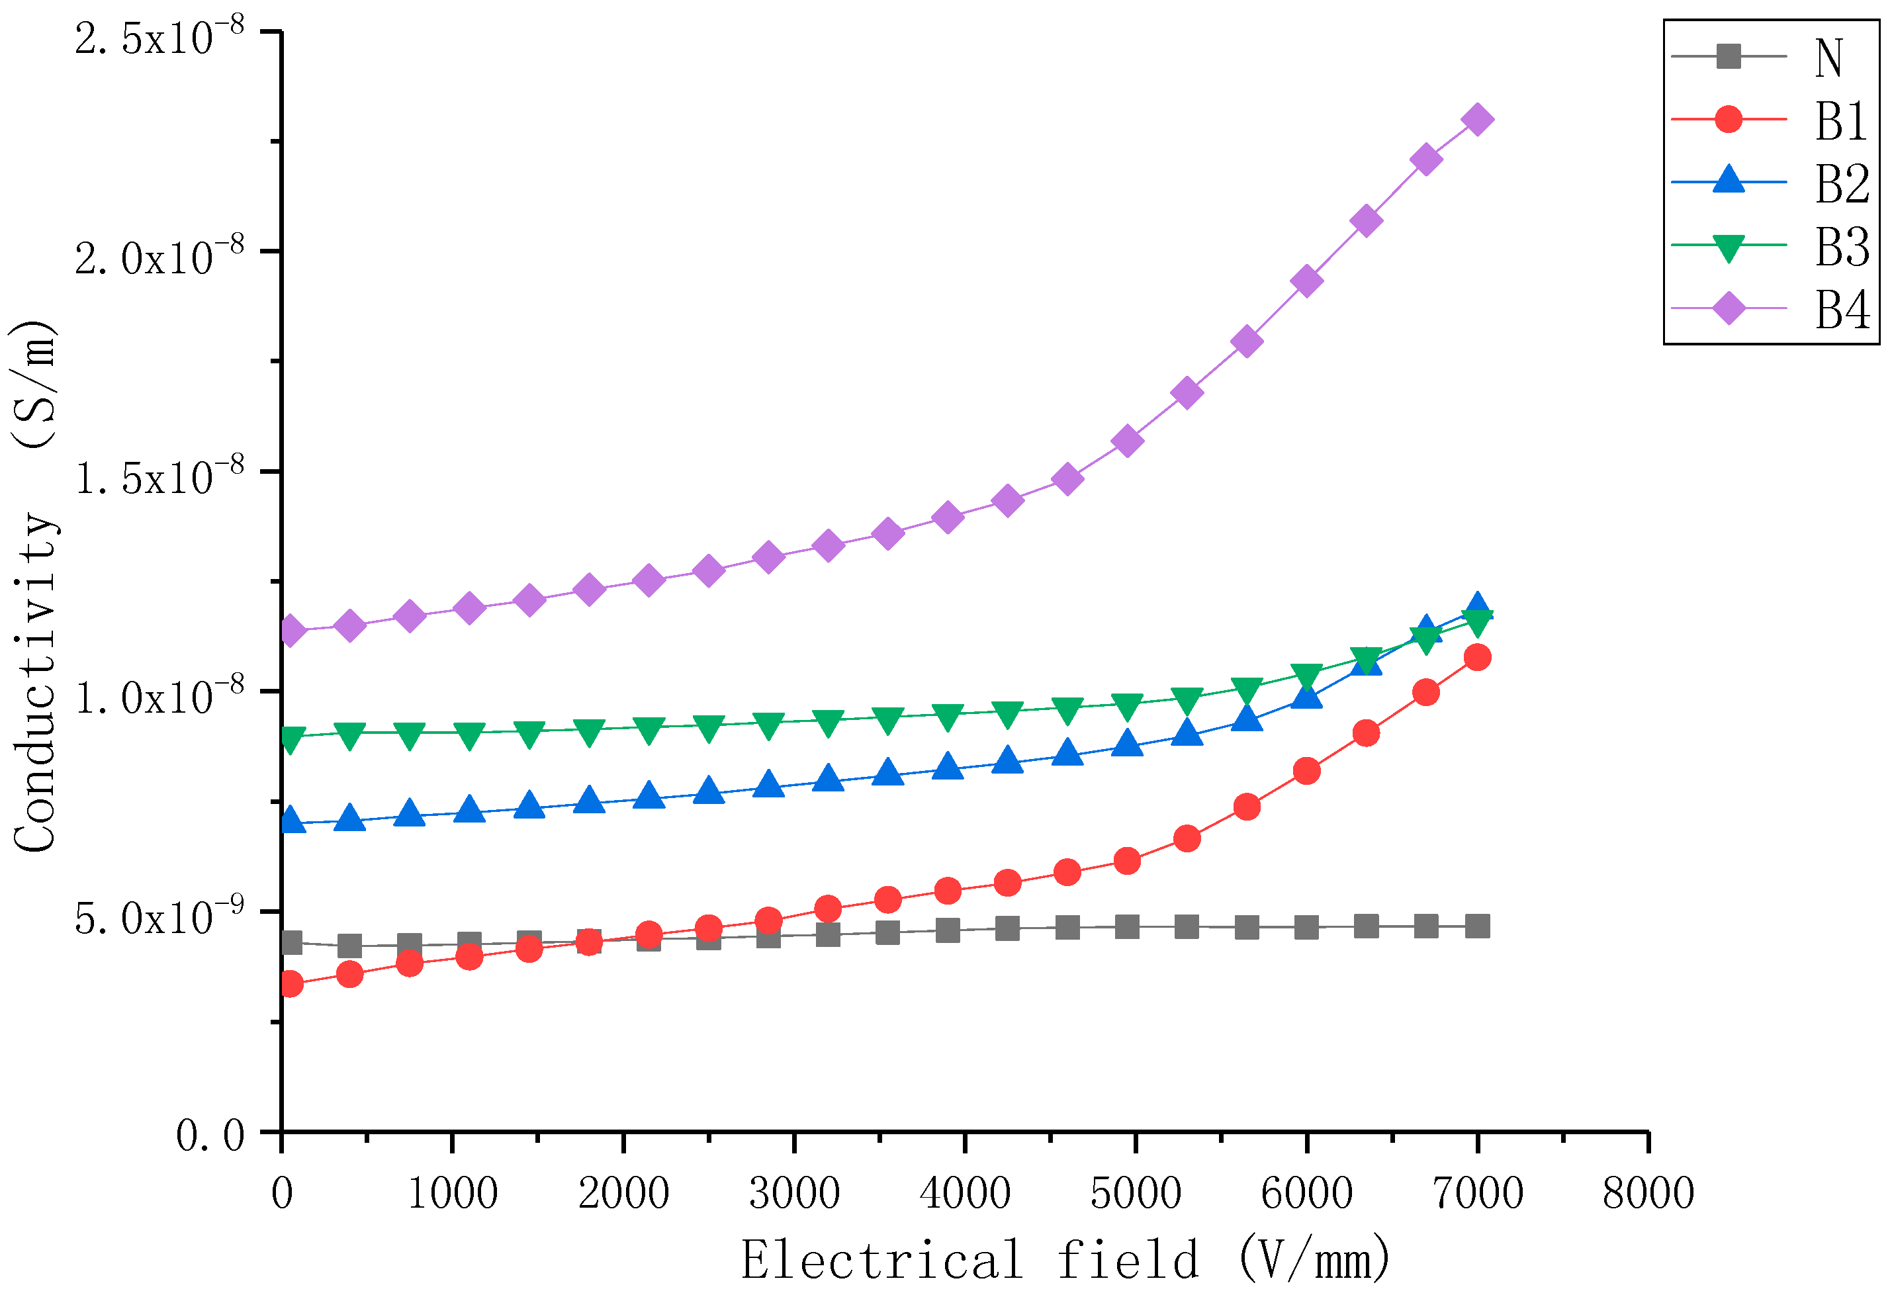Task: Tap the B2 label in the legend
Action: [x=1842, y=183]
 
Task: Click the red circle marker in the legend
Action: [x=1729, y=120]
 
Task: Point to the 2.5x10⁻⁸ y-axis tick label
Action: [x=159, y=38]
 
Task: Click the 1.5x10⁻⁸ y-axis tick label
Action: [x=159, y=477]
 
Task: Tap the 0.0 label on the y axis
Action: [x=210, y=1135]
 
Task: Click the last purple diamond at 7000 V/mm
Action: [x=1477, y=120]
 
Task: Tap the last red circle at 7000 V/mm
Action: [x=1477, y=657]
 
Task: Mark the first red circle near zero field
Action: [x=290, y=985]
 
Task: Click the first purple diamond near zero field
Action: [x=290, y=631]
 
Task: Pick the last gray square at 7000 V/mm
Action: [x=1477, y=926]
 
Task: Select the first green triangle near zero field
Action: [x=290, y=738]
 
